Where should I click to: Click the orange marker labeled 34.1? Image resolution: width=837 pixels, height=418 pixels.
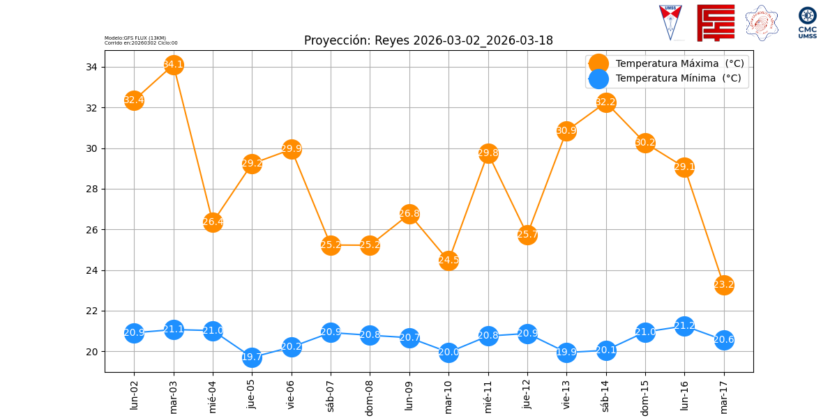[x=174, y=65]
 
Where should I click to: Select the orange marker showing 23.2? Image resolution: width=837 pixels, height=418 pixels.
[x=724, y=285]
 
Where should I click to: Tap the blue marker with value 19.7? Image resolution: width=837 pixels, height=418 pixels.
[x=252, y=357]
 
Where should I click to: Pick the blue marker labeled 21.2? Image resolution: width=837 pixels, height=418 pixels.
[x=684, y=326]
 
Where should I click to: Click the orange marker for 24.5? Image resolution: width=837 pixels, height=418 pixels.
[x=448, y=261]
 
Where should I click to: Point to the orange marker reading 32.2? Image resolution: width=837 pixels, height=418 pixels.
[x=606, y=102]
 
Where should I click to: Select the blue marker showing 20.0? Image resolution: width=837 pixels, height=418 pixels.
[x=448, y=352]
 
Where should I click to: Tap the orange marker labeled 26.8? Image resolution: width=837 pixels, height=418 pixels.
[x=409, y=214]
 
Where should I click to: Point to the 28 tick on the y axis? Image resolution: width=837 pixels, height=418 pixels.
[x=91, y=189]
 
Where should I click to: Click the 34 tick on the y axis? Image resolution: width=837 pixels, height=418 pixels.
[x=91, y=67]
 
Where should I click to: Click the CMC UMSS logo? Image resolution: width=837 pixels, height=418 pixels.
[x=808, y=22]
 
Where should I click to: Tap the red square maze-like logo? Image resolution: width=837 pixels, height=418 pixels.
[x=716, y=22]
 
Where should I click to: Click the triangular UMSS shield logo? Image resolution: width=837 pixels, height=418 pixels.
[x=670, y=22]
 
